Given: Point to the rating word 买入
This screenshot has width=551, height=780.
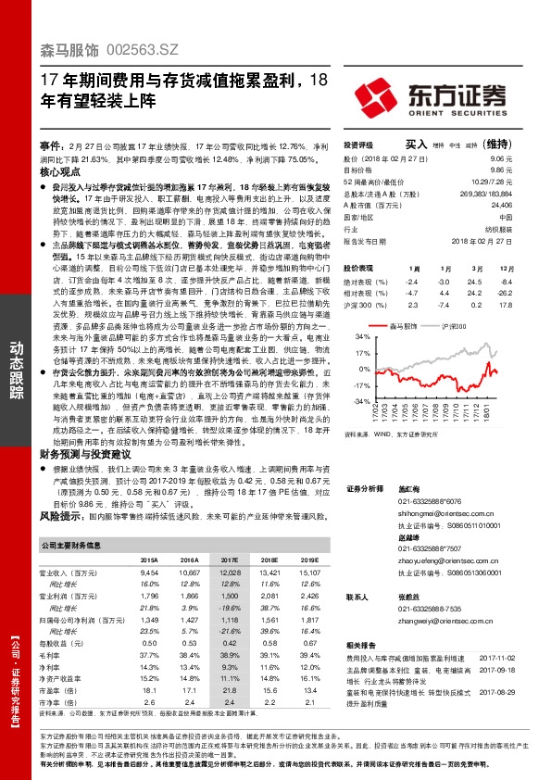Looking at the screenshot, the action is [x=416, y=145].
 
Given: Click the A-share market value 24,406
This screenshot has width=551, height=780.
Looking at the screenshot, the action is [x=500, y=205].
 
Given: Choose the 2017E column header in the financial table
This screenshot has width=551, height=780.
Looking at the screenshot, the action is [x=227, y=560].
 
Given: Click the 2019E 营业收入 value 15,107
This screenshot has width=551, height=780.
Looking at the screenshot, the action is [x=307, y=573].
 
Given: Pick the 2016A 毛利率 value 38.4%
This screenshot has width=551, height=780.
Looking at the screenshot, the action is [x=189, y=653].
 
